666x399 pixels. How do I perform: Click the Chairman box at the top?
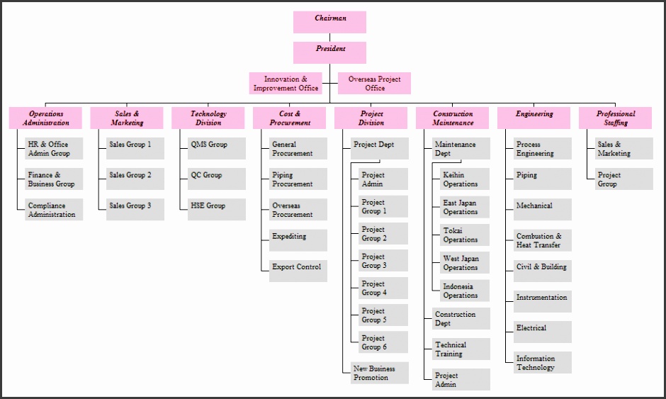pos(329,22)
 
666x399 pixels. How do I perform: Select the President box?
pos(329,52)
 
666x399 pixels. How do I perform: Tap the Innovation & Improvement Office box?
pos(286,84)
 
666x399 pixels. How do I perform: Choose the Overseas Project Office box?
pos(374,84)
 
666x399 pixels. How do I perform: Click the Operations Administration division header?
pos(45,118)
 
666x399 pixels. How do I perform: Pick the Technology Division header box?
pos(208,118)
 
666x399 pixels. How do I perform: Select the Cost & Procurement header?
pos(289,118)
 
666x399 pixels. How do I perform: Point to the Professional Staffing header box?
pos(615,118)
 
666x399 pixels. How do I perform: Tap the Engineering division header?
pos(534,118)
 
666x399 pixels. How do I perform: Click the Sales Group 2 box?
pos(135,179)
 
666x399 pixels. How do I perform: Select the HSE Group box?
pos(216,209)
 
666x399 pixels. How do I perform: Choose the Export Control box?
pos(298,270)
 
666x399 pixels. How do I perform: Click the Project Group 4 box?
pos(383,288)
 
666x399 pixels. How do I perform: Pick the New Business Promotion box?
pos(380,373)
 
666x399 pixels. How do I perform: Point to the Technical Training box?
pos(461,349)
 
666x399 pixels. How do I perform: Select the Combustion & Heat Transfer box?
pos(542,240)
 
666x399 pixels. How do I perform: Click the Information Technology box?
pos(542,363)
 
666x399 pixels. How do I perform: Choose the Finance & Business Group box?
pos(54,179)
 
